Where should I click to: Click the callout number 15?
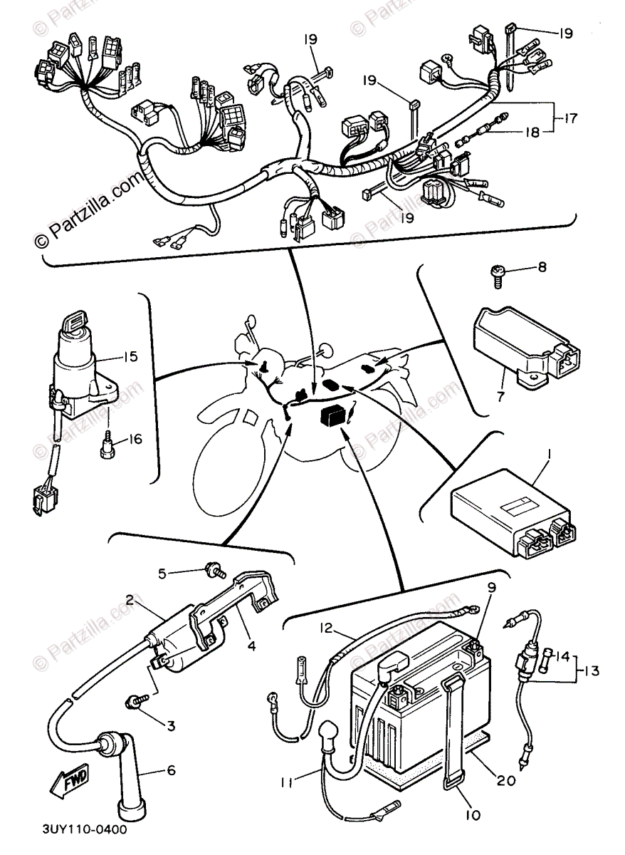tap(130, 356)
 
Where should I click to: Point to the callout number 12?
tap(326, 628)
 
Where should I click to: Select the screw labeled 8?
tap(498, 274)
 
